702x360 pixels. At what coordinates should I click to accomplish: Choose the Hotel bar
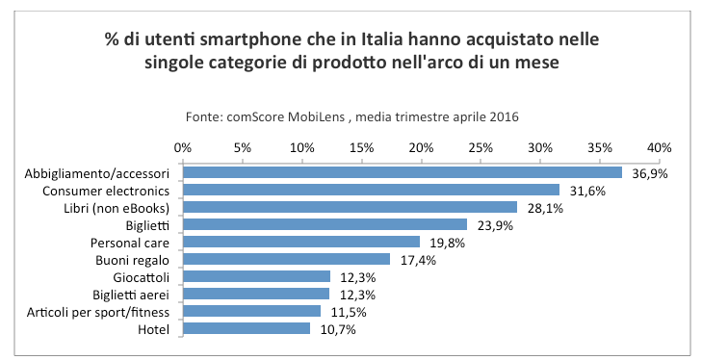246,329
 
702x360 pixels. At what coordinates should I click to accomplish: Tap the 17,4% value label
417,260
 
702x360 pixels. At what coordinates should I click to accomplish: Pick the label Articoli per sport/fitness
108,312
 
